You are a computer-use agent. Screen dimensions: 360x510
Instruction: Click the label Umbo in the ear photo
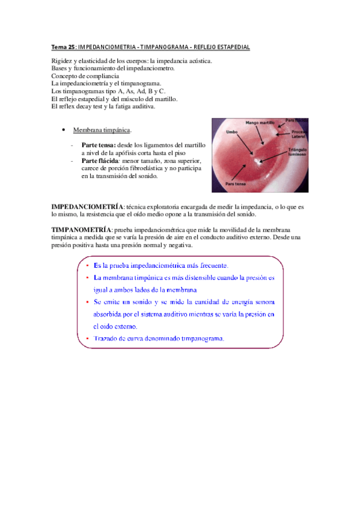(x=231, y=132)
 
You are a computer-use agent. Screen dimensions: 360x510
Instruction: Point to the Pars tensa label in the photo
(x=234, y=183)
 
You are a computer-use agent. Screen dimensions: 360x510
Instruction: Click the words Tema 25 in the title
(x=63, y=47)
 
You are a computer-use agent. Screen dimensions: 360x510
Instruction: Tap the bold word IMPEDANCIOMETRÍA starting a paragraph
(x=88, y=206)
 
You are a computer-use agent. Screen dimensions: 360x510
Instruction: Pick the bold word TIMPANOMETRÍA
(x=82, y=230)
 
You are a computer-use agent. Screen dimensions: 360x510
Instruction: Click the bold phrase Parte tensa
(x=99, y=146)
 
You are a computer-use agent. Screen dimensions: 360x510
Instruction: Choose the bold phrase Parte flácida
(x=100, y=161)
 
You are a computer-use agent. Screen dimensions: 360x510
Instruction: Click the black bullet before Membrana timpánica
(x=64, y=130)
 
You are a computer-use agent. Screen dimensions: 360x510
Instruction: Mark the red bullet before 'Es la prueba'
(x=87, y=265)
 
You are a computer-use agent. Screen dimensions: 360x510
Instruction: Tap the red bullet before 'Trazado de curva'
(x=87, y=339)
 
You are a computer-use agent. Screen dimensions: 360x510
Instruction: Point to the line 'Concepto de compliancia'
(x=85, y=76)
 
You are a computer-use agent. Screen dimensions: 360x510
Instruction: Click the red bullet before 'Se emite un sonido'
(x=87, y=302)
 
